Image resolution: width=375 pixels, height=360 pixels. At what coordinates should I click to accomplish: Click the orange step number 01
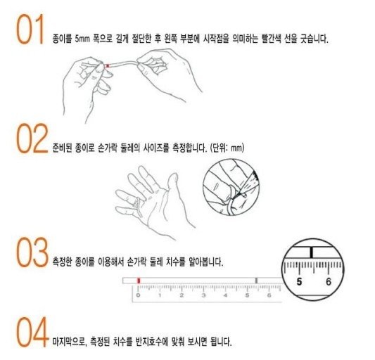point(30,29)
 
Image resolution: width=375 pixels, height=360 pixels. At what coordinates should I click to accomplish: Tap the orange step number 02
point(32,139)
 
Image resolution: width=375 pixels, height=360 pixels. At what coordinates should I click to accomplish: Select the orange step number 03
point(32,252)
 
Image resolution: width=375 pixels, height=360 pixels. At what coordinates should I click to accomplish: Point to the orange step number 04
point(32,332)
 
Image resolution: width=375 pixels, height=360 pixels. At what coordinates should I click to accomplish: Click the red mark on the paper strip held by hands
point(108,65)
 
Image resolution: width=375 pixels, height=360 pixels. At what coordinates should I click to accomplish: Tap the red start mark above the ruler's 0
point(139,281)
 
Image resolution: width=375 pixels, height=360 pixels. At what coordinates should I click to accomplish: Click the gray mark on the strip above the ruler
point(256,281)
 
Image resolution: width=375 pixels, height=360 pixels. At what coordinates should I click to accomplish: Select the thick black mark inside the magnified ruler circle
point(311,252)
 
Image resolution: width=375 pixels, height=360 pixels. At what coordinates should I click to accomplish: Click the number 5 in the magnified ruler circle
point(299,282)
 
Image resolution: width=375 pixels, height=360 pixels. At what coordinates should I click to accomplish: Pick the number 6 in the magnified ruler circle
point(329,282)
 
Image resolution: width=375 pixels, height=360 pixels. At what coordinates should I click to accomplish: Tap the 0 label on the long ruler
point(138,295)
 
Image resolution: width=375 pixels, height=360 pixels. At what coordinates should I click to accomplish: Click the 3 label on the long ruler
point(203,295)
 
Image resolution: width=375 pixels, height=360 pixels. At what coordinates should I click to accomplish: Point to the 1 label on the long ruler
point(160,295)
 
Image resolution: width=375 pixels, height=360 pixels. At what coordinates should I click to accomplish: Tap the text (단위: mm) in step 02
point(227,148)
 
